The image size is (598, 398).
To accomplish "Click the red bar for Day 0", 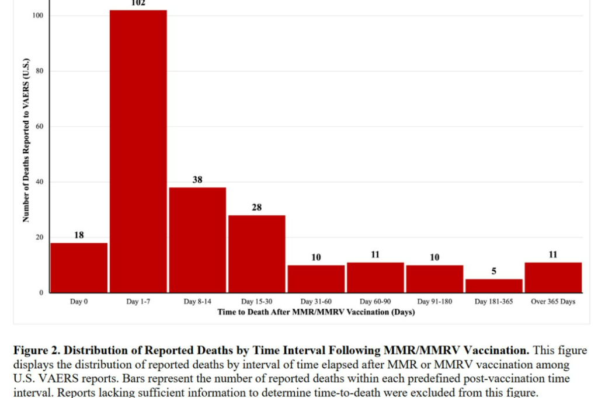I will click(79, 268).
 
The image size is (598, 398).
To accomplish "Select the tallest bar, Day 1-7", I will click(138, 152).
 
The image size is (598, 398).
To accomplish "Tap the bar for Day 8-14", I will click(197, 240).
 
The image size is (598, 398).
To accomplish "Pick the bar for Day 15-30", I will click(257, 254).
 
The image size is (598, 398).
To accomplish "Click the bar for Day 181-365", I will click(493, 286).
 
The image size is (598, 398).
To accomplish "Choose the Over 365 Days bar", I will click(553, 278).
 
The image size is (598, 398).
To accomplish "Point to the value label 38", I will click(197, 180).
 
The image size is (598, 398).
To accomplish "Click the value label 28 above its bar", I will click(257, 207).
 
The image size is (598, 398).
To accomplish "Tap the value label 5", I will click(493, 271).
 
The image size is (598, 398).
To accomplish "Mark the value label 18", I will click(79, 235).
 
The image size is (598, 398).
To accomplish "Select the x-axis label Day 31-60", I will click(316, 302).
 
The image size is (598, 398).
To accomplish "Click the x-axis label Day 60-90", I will click(375, 302).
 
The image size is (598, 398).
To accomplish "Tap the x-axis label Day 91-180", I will click(434, 302).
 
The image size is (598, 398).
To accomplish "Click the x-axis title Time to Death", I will click(316, 312).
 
